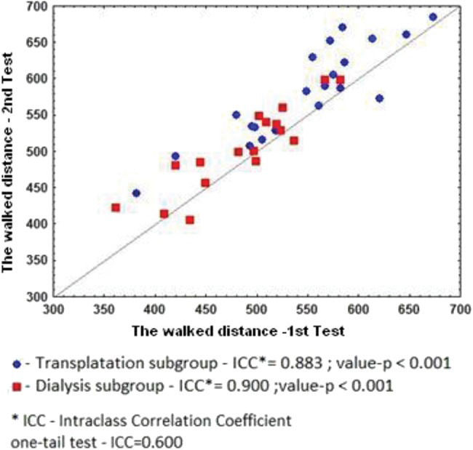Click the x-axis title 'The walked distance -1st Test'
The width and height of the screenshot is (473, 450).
click(238, 331)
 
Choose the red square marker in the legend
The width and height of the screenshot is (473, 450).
click(17, 386)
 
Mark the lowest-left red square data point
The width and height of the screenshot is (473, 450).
click(116, 208)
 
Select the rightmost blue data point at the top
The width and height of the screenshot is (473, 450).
click(433, 17)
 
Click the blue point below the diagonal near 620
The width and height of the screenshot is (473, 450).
click(379, 98)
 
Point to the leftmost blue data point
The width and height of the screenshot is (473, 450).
click(136, 193)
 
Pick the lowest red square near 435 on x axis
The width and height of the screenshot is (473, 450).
click(190, 220)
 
